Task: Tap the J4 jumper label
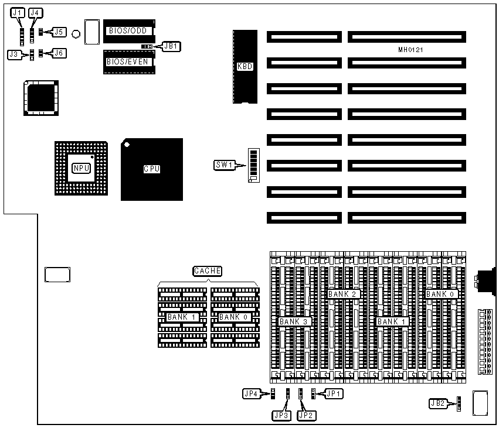[35, 13]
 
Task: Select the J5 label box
[59, 32]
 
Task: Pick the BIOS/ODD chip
[129, 30]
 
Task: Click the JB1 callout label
[171, 46]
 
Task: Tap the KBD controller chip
[245, 67]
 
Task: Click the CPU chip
[152, 169]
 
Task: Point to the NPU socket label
[80, 169]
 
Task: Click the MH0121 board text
[410, 50]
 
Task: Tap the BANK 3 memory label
[294, 321]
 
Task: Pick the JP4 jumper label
[252, 394]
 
